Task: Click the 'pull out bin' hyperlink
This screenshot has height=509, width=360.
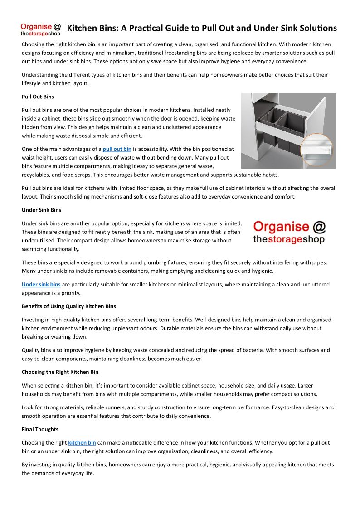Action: click(117, 149)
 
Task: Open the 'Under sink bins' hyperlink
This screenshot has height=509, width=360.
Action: click(41, 284)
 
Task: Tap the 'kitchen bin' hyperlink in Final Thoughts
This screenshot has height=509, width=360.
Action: click(82, 442)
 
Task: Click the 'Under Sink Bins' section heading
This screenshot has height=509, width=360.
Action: click(41, 210)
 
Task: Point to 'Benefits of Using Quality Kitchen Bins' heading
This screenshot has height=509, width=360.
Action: click(68, 306)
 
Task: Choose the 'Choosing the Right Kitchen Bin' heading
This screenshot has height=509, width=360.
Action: click(60, 372)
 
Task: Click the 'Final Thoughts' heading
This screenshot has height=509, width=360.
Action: click(40, 429)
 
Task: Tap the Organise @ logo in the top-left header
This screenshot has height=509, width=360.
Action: click(41, 29)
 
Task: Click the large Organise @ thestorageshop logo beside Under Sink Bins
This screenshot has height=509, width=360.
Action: click(289, 233)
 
